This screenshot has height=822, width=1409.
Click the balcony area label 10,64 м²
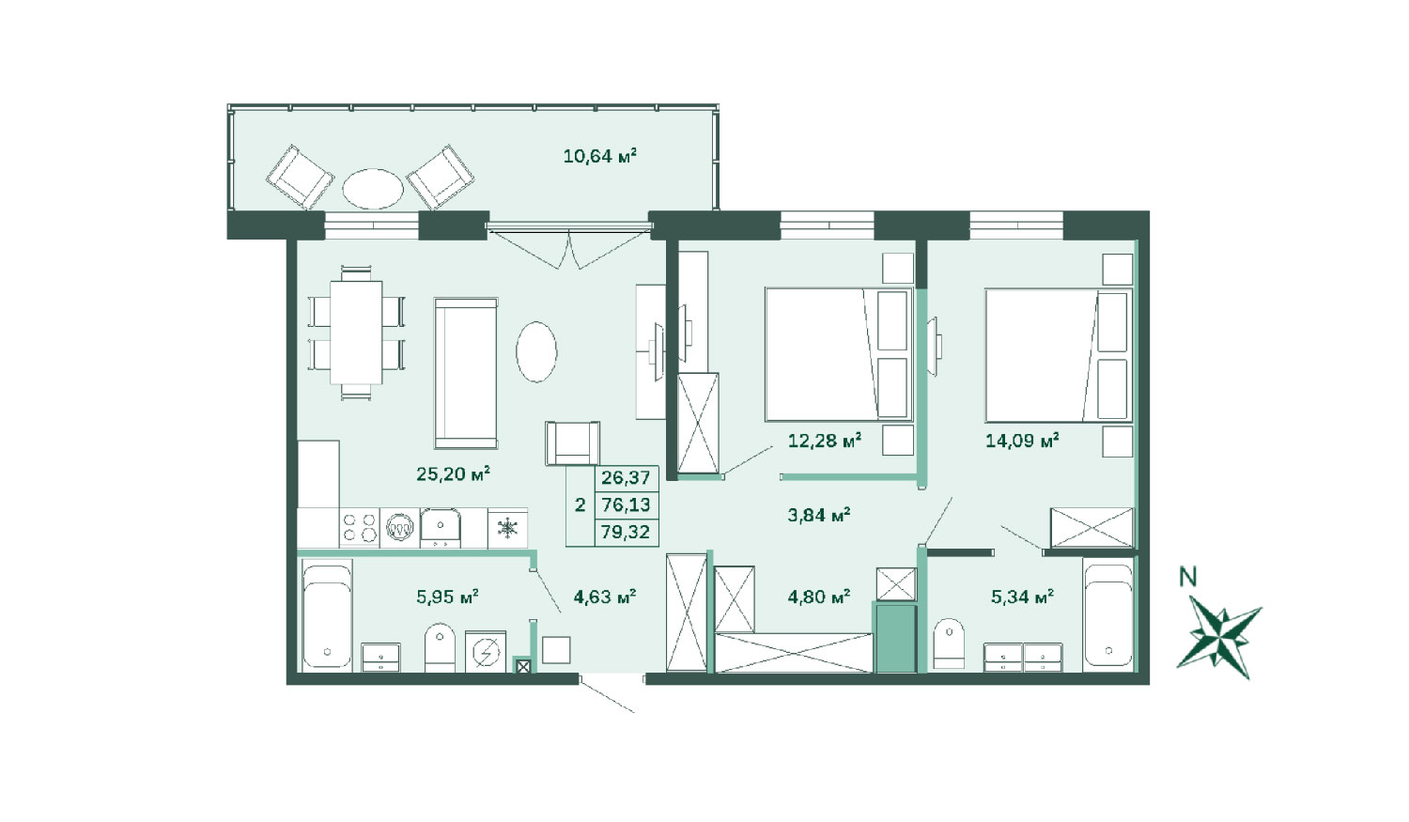600,155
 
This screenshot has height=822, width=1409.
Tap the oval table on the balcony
373,189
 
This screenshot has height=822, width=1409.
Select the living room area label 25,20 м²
453,473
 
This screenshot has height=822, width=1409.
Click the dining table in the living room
356,332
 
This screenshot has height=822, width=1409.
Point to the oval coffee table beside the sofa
536,351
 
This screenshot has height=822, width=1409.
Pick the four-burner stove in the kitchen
359,527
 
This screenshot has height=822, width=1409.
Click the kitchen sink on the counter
441,527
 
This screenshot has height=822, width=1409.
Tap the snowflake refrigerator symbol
507,528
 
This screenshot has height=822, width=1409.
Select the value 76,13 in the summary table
626,504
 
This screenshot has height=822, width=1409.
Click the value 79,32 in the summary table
626,532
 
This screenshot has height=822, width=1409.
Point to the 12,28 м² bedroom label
825,441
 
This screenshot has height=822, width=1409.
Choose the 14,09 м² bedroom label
1022,441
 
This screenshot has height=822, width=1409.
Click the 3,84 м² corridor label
819,515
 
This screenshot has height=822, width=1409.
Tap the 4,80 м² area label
819,596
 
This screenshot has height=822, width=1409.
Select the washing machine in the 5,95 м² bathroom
486,652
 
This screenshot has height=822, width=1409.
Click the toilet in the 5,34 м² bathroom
949,644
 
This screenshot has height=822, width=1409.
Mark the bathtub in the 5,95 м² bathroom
327,615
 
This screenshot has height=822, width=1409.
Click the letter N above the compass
1187,577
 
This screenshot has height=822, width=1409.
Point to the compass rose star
1219,637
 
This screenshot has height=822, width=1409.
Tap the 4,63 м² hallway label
605,596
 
